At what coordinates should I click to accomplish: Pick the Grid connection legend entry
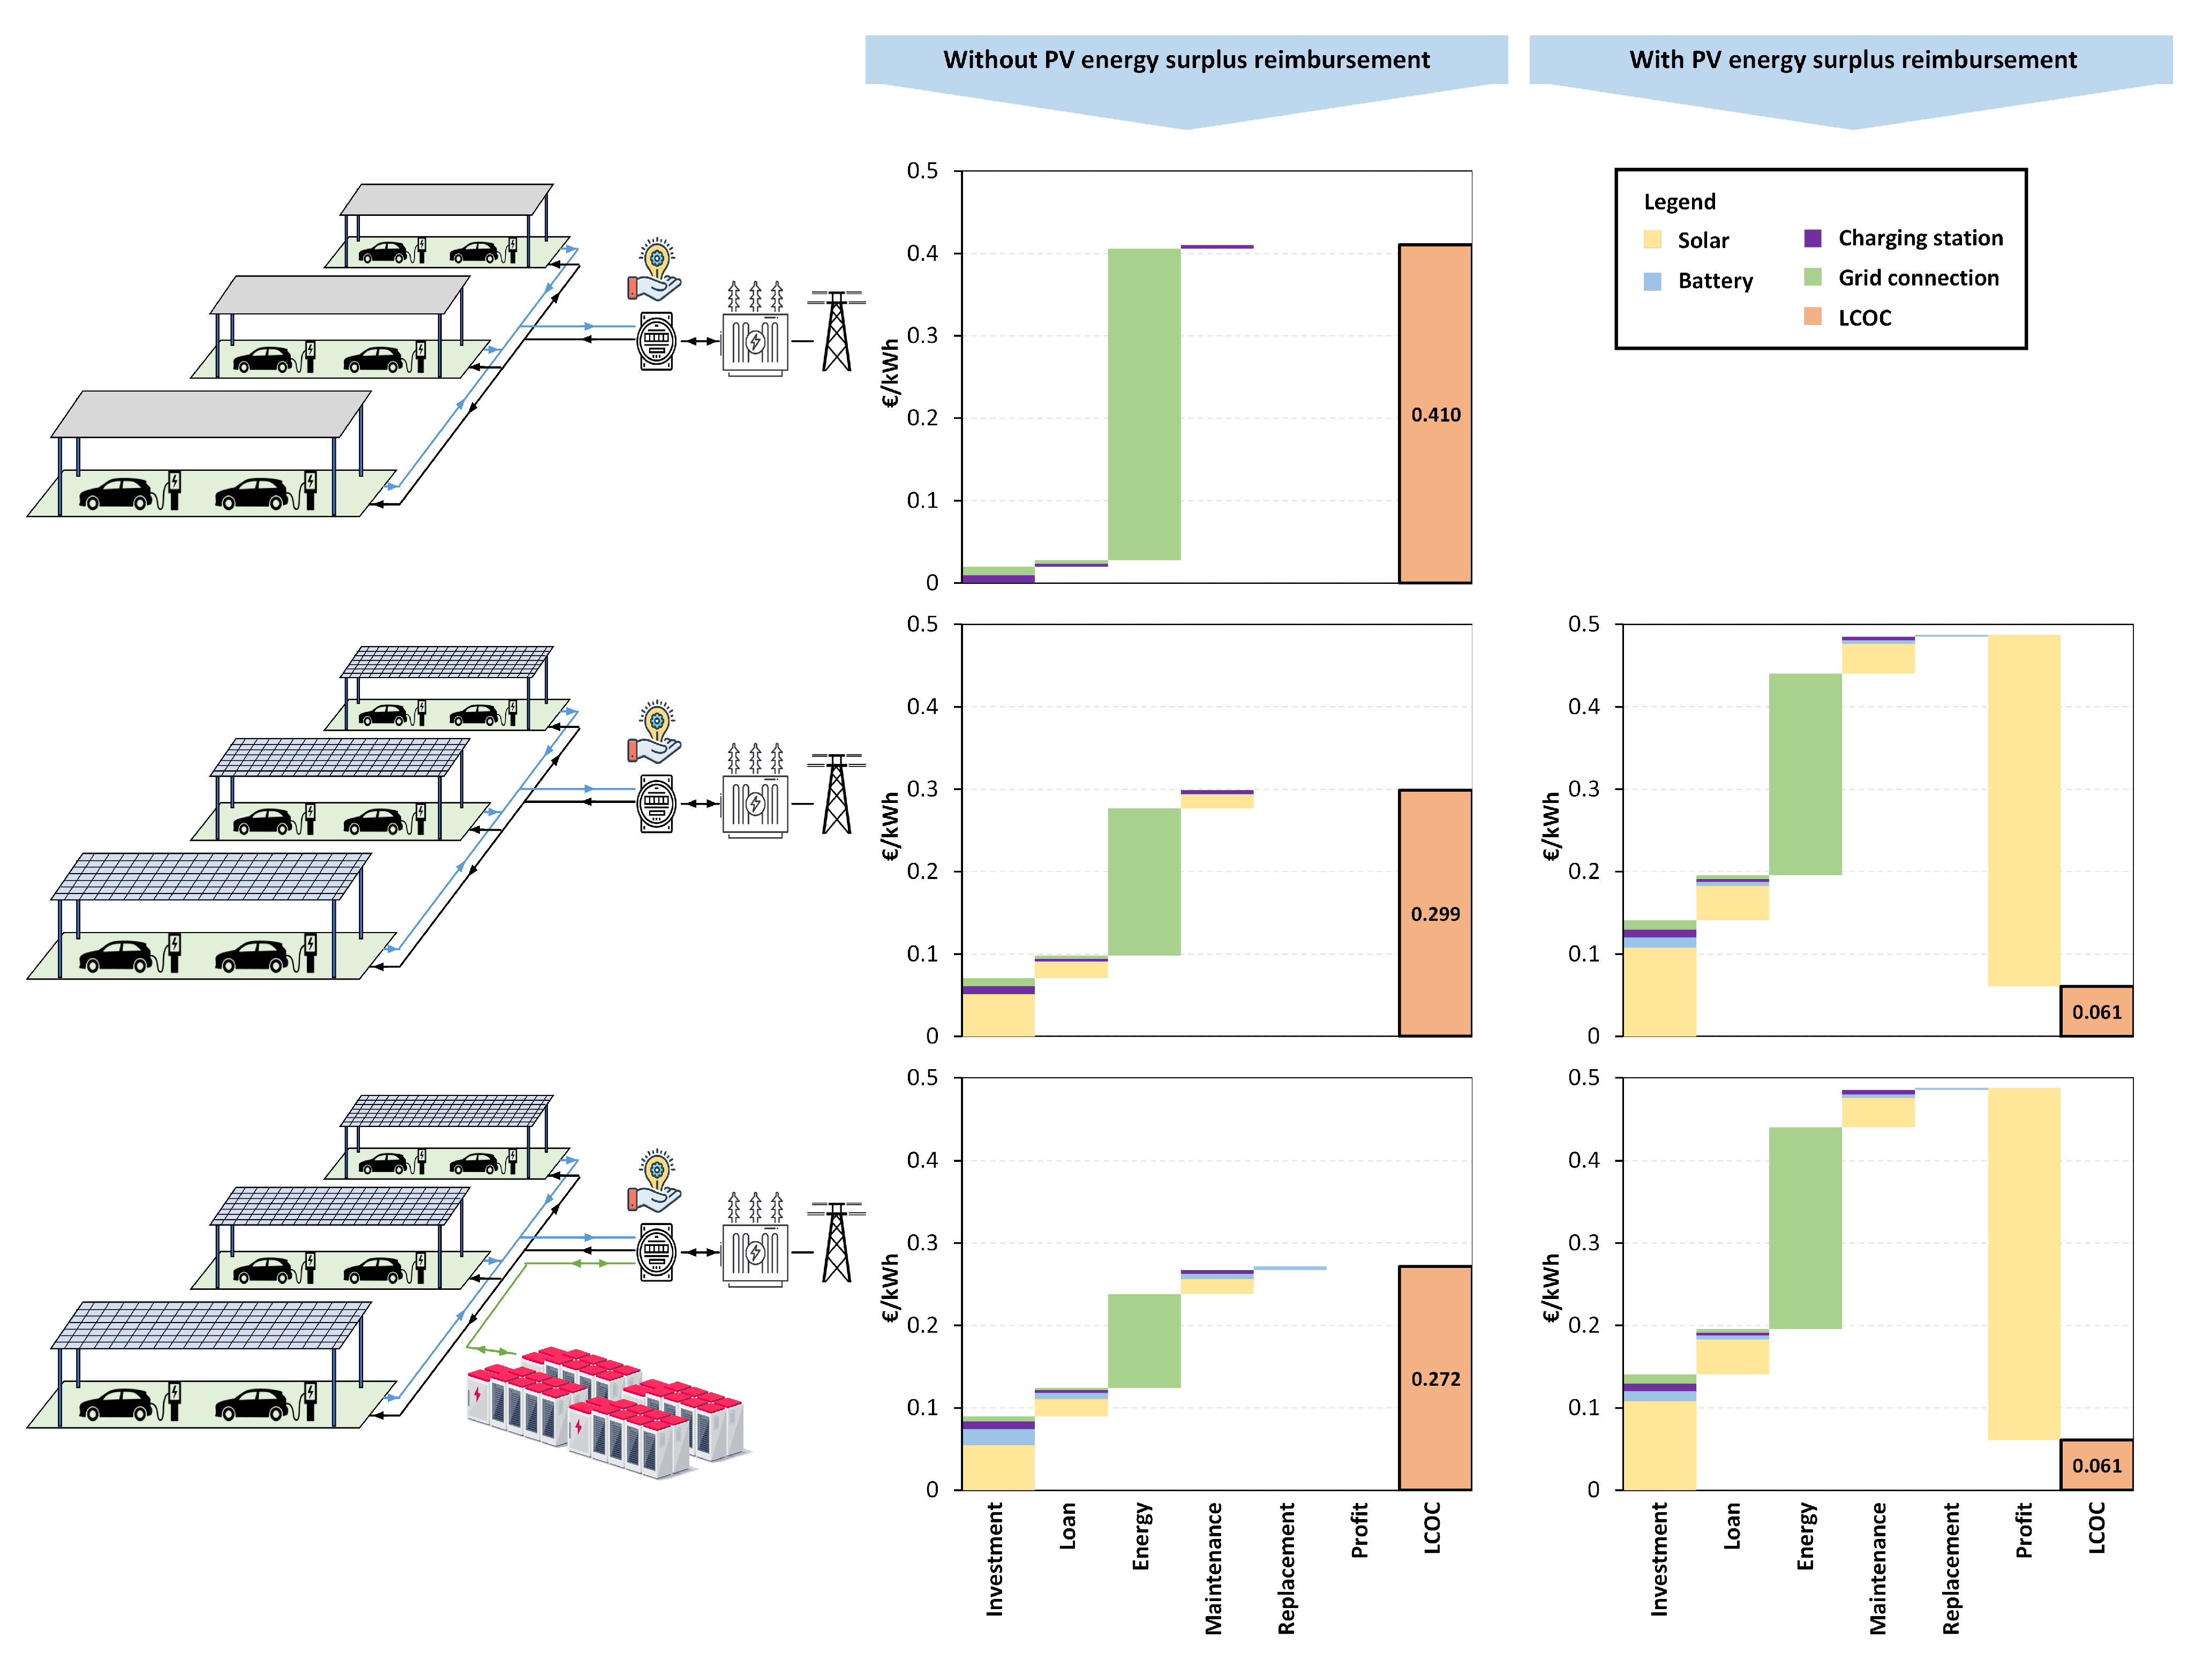[1917, 278]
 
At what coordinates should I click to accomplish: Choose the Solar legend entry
[1702, 240]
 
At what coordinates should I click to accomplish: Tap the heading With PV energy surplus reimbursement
[1852, 60]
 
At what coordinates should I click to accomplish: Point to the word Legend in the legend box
[1679, 202]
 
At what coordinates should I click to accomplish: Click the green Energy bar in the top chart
[1144, 403]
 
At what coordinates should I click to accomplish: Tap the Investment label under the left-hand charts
[994, 1558]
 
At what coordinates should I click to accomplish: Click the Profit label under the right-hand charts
[2022, 1530]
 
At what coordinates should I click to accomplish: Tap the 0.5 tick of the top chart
[922, 171]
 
